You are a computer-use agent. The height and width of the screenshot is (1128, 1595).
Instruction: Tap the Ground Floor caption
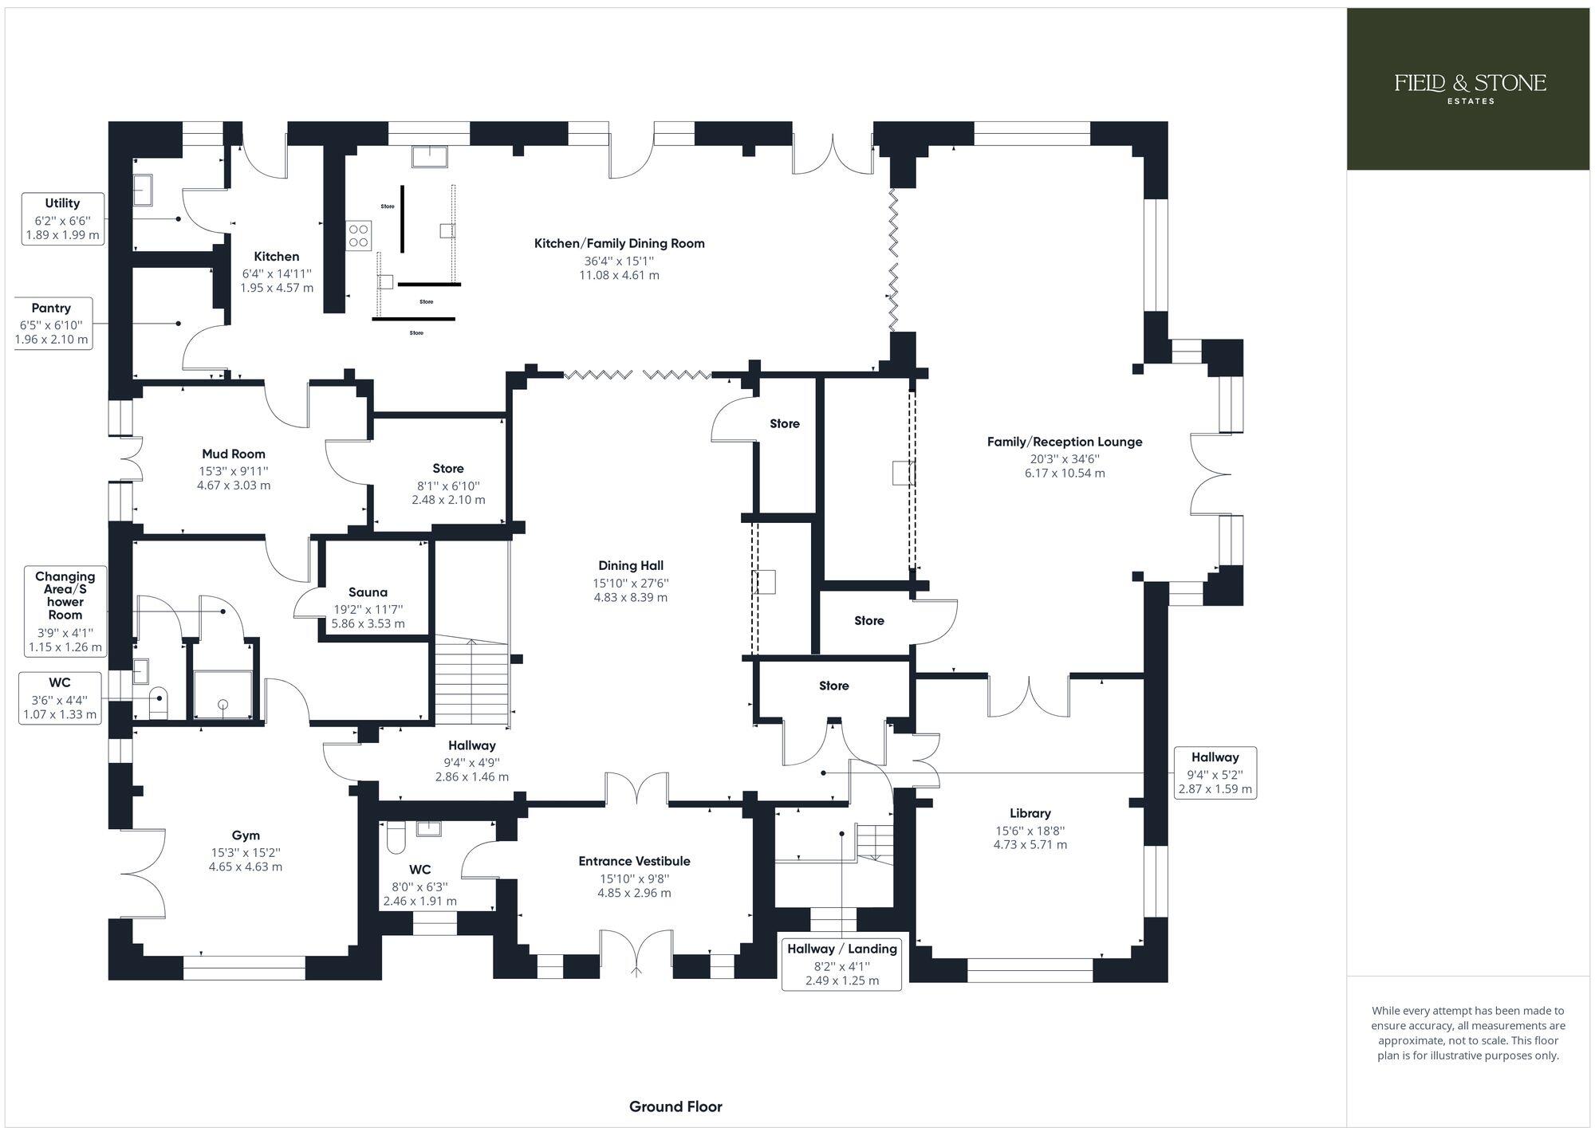click(x=675, y=1106)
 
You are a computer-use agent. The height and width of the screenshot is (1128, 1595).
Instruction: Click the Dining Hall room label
click(x=630, y=566)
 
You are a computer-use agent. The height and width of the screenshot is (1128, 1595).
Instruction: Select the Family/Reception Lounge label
click(x=1065, y=442)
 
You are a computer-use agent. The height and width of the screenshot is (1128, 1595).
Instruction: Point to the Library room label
click(x=1030, y=813)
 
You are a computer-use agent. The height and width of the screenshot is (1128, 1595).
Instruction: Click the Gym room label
click(x=246, y=835)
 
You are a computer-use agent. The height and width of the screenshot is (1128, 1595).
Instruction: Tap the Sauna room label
click(x=368, y=592)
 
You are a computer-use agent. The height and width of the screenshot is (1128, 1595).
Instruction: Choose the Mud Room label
click(x=234, y=454)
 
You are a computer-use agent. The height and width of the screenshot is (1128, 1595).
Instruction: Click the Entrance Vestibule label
click(x=634, y=861)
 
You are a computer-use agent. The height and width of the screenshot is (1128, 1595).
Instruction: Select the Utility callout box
click(x=62, y=218)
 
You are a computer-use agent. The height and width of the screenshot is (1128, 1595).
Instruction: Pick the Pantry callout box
click(x=52, y=323)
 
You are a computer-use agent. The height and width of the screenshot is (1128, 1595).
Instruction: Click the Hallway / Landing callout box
click(x=842, y=964)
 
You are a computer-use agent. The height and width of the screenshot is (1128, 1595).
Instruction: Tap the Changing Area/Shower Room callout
click(x=65, y=611)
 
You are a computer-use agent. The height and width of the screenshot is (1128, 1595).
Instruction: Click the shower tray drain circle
click(x=223, y=704)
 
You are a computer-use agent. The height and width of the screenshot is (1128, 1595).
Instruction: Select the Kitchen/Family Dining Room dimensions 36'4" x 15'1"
click(x=619, y=261)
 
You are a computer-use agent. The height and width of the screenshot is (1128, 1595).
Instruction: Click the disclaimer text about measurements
click(x=1468, y=1033)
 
